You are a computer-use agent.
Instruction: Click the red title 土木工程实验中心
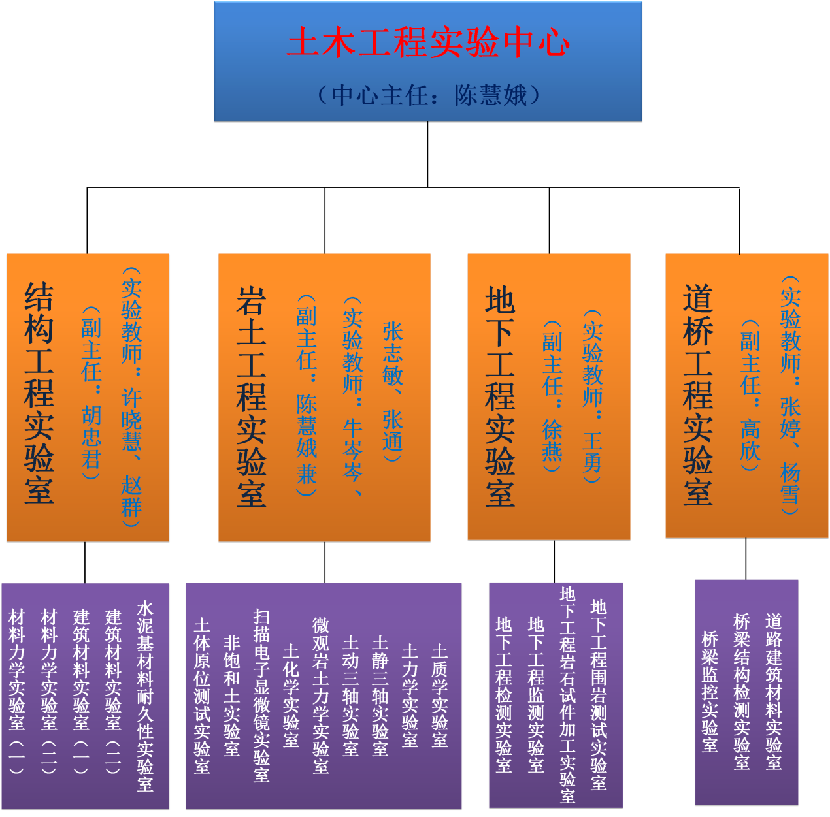click(x=428, y=42)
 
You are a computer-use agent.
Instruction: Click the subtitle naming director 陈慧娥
click(x=428, y=95)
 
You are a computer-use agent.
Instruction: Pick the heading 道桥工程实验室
click(x=697, y=395)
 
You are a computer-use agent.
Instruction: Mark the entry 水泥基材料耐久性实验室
click(x=145, y=696)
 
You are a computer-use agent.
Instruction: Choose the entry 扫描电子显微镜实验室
click(x=261, y=696)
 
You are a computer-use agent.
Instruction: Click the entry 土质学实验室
click(x=439, y=696)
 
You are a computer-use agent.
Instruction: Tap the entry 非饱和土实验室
click(x=231, y=696)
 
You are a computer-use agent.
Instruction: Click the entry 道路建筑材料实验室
click(x=774, y=692)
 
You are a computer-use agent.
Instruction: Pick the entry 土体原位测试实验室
click(x=202, y=696)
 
